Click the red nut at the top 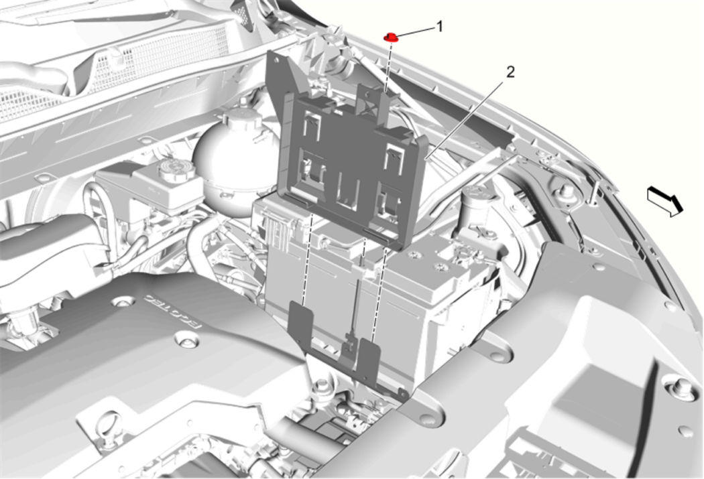[x=391, y=38]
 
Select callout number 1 [x=440, y=27]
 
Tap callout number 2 [x=510, y=72]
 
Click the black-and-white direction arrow [x=665, y=202]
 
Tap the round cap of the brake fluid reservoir [x=176, y=170]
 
